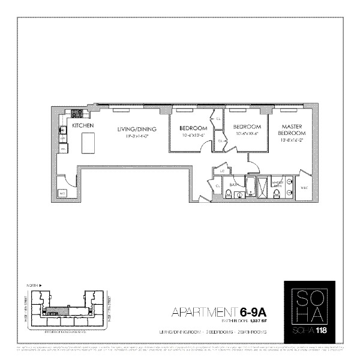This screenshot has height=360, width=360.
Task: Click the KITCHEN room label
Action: coord(83,126)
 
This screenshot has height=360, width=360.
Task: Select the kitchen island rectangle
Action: coord(88,143)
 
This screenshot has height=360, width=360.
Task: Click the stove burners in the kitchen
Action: coord(77,113)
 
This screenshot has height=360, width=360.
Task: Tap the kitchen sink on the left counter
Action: coord(62,128)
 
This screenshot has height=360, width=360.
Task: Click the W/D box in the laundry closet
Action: coord(62,193)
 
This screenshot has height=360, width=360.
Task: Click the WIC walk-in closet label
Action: coord(303,187)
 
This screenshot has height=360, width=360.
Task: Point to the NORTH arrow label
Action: coord(26,286)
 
